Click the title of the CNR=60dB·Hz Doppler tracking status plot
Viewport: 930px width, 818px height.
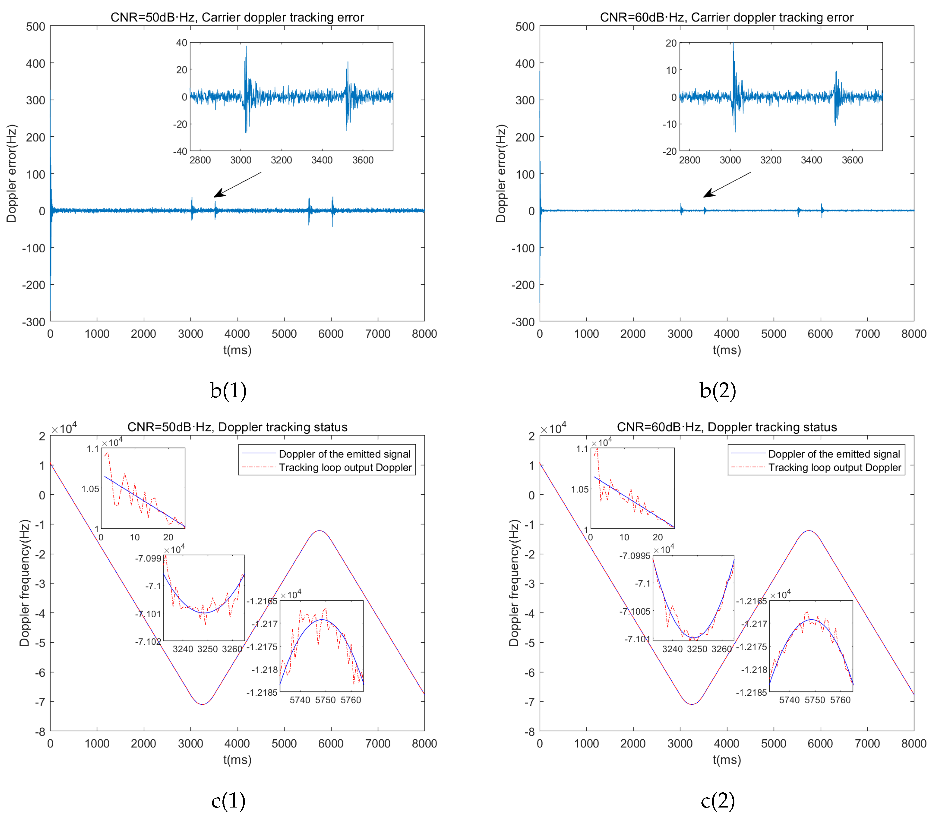click(x=727, y=427)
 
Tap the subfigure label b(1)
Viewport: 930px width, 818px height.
click(x=228, y=390)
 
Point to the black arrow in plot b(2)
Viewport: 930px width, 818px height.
click(x=727, y=185)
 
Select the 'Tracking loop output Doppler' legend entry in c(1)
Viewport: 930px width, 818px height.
click(x=345, y=468)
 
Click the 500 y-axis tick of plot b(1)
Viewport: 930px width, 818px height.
click(x=36, y=27)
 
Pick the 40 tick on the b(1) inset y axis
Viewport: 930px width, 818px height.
click(x=182, y=43)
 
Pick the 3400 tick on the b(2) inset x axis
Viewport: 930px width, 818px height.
click(x=811, y=160)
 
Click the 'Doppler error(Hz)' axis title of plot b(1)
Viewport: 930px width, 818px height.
click(x=11, y=173)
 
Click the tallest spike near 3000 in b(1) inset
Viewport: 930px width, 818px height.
click(x=247, y=46)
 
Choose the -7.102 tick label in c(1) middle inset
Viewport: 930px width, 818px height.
click(x=148, y=641)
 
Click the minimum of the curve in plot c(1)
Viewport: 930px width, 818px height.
click(x=202, y=704)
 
